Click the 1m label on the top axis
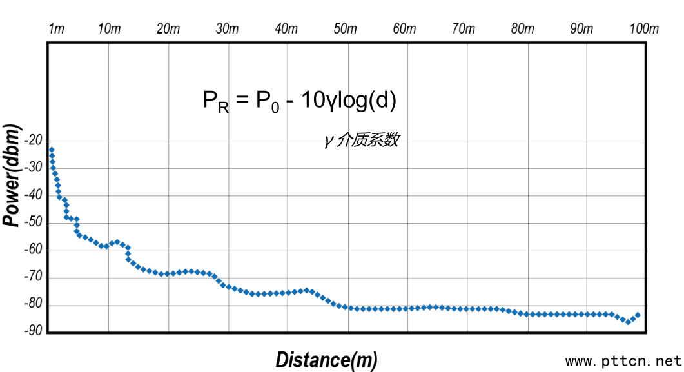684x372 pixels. tap(57, 29)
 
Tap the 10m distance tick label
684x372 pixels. tap(109, 29)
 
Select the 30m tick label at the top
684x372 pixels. tap(227, 29)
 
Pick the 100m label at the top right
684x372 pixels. tap(644, 29)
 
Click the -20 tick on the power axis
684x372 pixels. tap(34, 141)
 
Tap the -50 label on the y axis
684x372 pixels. tap(34, 222)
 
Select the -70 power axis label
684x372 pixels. tap(34, 277)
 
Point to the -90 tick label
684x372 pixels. tap(34, 331)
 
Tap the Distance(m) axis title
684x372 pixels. tap(326, 360)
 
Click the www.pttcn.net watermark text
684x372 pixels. tap(623, 361)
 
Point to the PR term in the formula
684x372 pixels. tap(215, 101)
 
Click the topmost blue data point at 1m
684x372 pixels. tap(52, 150)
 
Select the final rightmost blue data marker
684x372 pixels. tap(638, 315)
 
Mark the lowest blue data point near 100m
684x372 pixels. tap(628, 322)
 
